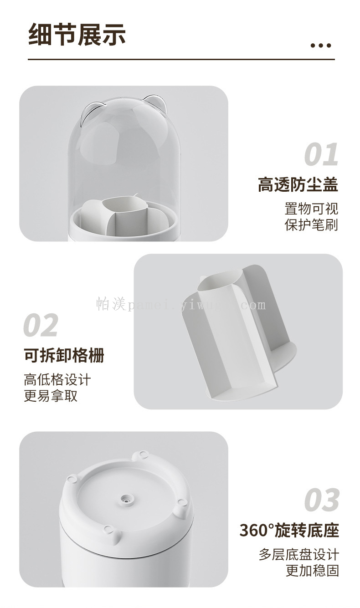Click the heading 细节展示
[77, 35]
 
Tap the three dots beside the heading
[321, 46]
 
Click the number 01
[321, 154]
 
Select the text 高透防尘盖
[298, 184]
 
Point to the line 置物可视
[311, 209]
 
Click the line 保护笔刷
[311, 225]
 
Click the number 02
[41, 325]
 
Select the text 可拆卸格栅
[64, 355]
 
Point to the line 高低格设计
[57, 379]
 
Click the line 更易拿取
[51, 396]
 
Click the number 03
[322, 500]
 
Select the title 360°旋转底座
[289, 530]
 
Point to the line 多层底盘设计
[299, 554]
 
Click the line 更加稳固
[313, 571]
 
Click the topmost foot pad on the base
[142, 454]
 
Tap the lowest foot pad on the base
[108, 528]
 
